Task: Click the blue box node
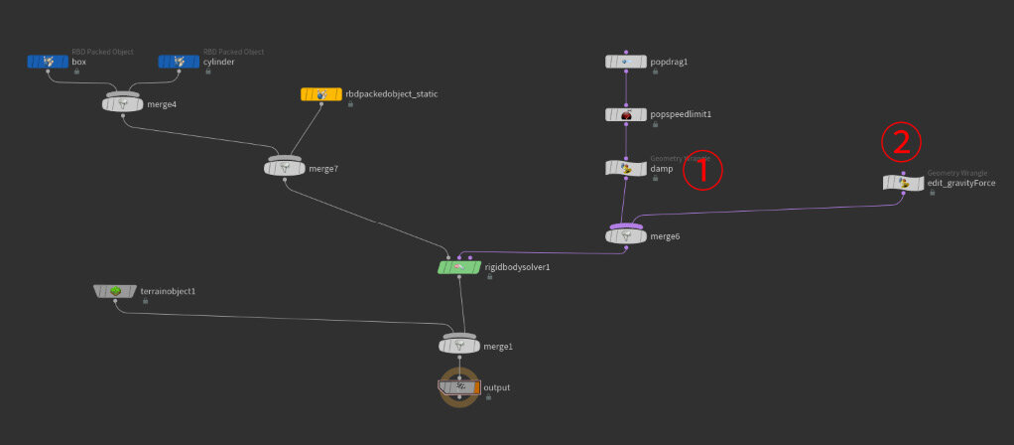[48, 62]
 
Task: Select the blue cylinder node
[179, 62]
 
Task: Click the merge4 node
[123, 104]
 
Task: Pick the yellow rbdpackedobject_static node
[320, 94]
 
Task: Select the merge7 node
[285, 168]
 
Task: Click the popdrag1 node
[626, 62]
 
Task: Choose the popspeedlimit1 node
[626, 115]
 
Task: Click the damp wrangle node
[626, 168]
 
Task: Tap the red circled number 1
[701, 170]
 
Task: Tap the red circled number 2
[901, 143]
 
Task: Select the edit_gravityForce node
[903, 183]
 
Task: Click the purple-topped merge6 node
[626, 235]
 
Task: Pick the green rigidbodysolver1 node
[459, 267]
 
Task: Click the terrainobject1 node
[115, 291]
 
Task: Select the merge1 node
[459, 346]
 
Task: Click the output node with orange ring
[459, 387]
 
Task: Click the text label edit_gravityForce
[960, 183]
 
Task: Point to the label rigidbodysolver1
[517, 267]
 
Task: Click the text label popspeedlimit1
[681, 115]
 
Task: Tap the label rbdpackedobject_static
[393, 94]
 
